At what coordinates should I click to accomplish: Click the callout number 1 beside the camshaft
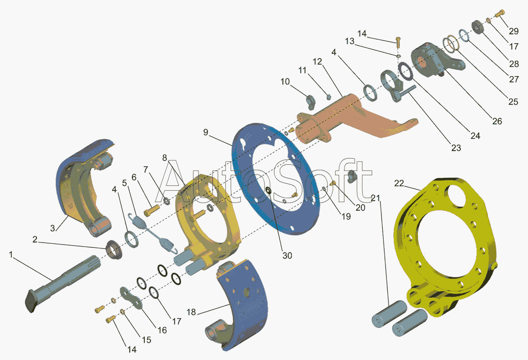[11, 255]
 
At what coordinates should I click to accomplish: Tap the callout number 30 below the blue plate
[287, 256]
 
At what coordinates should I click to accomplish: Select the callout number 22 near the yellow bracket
[399, 183]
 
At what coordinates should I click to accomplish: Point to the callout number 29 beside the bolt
[514, 31]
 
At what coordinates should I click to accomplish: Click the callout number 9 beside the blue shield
[206, 132]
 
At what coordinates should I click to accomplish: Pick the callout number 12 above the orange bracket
[317, 62]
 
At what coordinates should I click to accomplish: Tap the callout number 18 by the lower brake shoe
[191, 312]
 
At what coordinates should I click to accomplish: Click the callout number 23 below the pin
[456, 148]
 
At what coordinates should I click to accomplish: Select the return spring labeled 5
[153, 233]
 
